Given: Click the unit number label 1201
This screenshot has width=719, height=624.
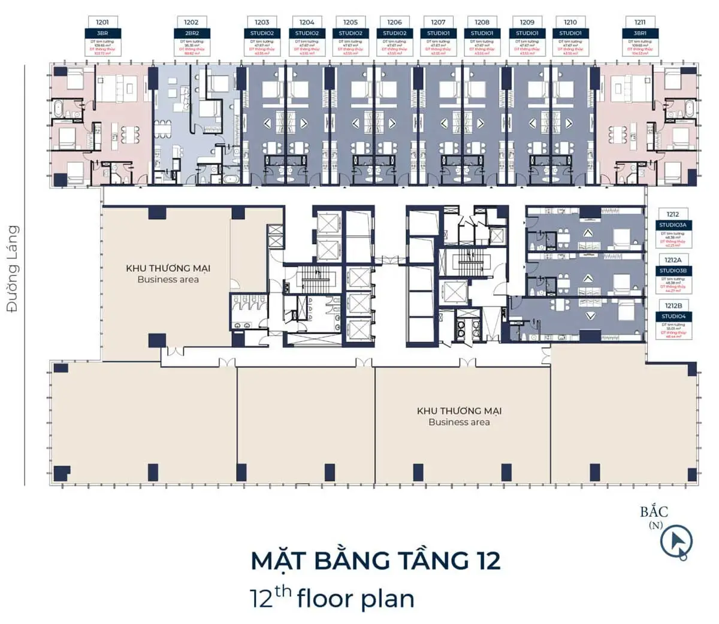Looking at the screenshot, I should (x=102, y=22).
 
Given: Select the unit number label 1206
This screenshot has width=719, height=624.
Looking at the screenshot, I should (x=394, y=22).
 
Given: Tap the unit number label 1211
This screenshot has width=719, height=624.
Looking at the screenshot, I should (x=640, y=22).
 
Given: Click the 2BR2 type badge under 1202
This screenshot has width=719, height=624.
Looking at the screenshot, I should (x=191, y=33).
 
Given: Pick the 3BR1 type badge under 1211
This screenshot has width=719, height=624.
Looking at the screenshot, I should (x=640, y=33).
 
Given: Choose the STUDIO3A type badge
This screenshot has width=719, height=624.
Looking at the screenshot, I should (x=673, y=225).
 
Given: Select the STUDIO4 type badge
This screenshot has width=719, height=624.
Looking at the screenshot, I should (x=673, y=316).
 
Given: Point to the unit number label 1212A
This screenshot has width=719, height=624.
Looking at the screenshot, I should (x=673, y=260).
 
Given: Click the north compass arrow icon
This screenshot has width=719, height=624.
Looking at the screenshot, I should (x=676, y=542).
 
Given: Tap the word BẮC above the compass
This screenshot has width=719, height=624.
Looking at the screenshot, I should (x=654, y=512).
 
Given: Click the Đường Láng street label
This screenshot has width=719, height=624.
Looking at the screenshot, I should (x=12, y=268).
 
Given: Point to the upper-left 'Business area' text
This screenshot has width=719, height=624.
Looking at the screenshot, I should (x=168, y=280).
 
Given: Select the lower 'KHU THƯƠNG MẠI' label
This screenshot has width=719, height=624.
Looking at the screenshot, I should (x=459, y=411).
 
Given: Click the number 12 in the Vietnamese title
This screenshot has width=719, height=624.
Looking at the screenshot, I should (x=487, y=561).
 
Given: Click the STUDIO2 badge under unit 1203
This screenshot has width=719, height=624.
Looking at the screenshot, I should (x=262, y=33).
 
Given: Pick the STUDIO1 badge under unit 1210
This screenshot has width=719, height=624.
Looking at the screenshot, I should (x=570, y=33).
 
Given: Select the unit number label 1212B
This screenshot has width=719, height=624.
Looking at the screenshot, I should (x=673, y=305).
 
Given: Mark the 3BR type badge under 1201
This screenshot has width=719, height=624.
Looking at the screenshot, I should (x=102, y=33).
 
